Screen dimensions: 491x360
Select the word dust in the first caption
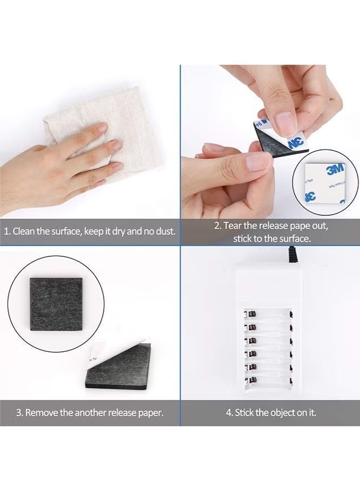(x=163, y=231)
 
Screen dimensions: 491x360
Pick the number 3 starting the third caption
(x=18, y=413)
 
